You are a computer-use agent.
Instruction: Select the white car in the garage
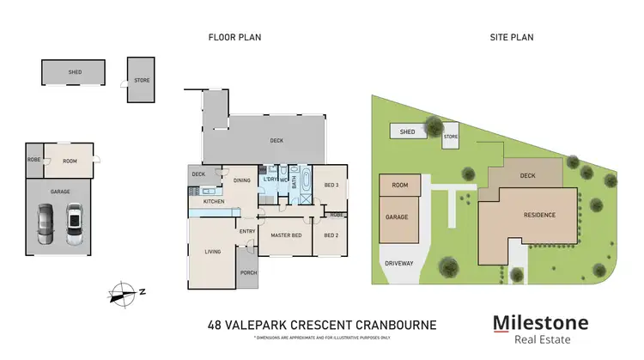(x=74, y=223)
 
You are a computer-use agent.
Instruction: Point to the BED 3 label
(x=331, y=186)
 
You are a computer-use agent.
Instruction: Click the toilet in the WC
(x=284, y=171)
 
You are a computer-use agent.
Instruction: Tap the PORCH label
(x=249, y=274)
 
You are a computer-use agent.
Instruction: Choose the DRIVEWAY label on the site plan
(x=399, y=263)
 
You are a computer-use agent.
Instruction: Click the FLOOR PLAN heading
(x=234, y=37)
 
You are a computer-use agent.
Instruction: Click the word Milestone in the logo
(x=540, y=323)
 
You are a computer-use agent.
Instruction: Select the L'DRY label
(x=270, y=179)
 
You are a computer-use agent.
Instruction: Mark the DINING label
(x=241, y=180)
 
